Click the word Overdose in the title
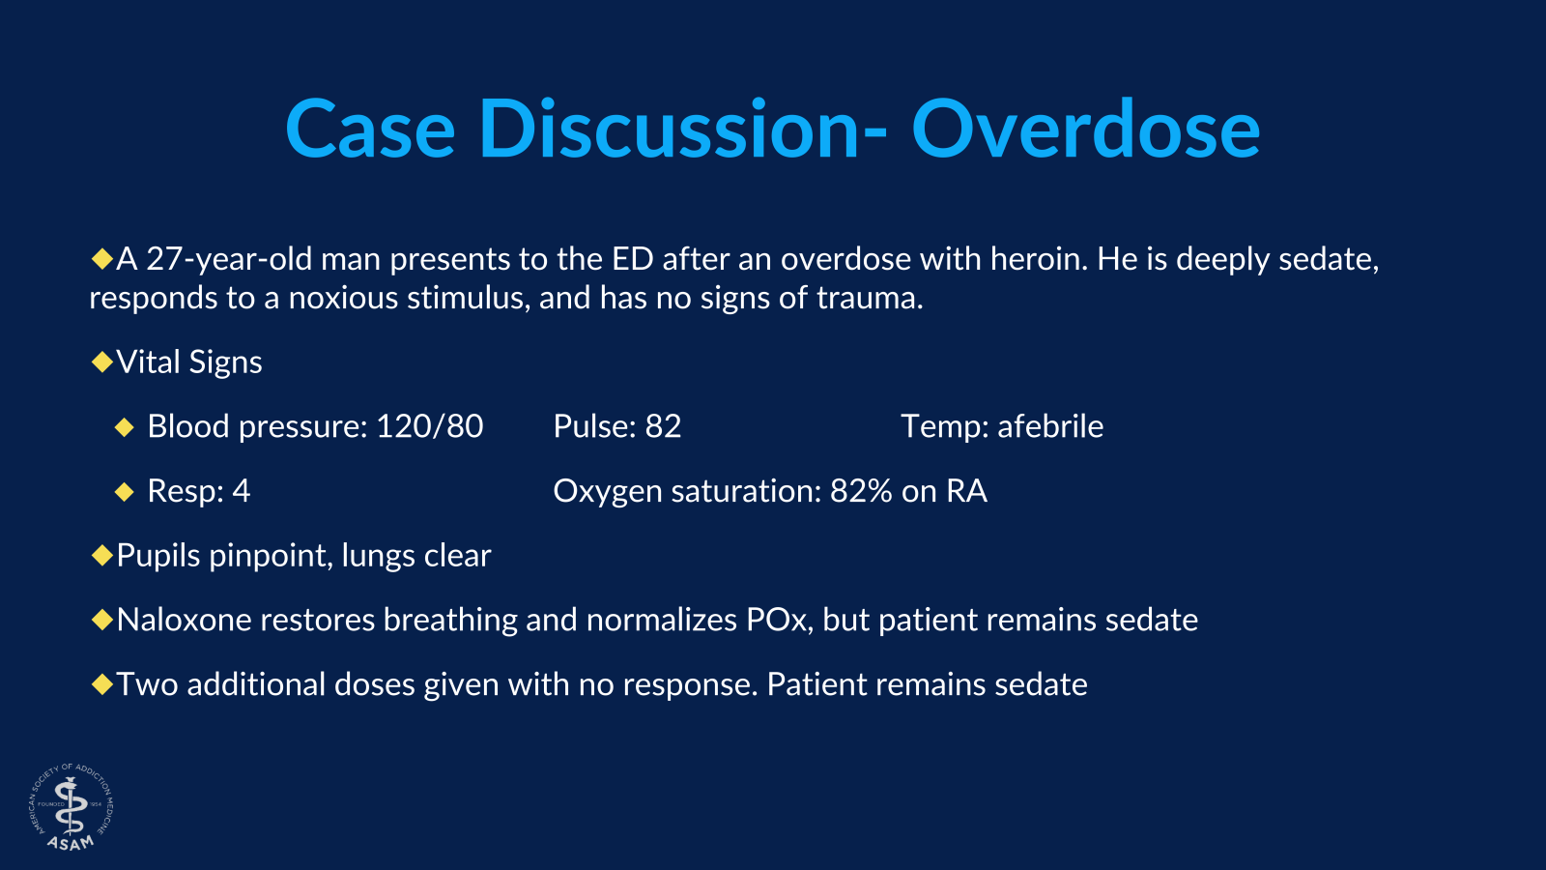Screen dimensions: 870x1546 pos(1085,130)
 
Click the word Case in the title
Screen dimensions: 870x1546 pos(370,130)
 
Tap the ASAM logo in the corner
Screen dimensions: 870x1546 pos(71,808)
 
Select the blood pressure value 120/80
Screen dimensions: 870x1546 pos(429,426)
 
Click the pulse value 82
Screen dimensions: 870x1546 pos(663,426)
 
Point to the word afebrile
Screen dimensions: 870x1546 pos(1050,426)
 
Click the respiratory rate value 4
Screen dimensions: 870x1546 pos(241,491)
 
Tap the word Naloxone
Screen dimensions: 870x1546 pos(185,620)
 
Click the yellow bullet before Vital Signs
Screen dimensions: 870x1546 pos(101,362)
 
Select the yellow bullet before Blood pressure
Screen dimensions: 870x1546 pos(124,427)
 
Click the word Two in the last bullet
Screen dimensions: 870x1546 pos(147,684)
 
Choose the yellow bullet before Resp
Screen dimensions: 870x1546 pos(124,492)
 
